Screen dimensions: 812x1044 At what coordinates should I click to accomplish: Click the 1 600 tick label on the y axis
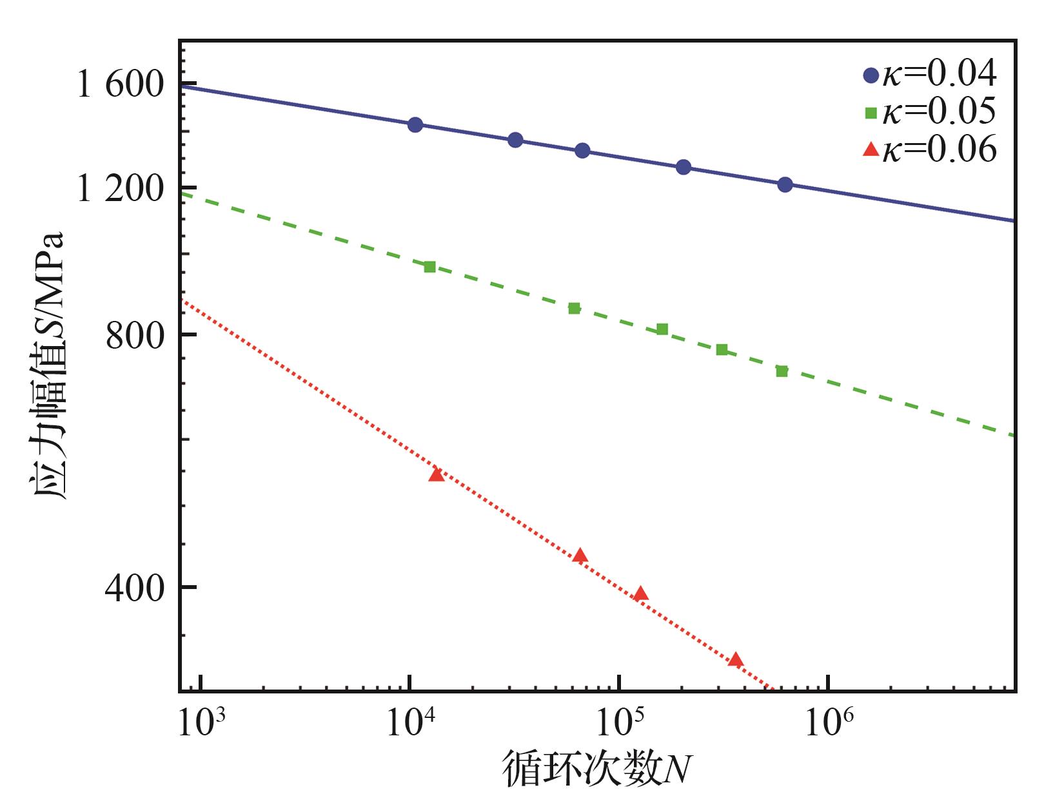coord(121,84)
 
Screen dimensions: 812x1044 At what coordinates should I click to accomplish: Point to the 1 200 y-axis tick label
coord(121,189)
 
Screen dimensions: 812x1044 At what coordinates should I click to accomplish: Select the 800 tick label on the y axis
coord(135,335)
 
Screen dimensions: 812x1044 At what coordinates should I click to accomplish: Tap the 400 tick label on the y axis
coord(135,588)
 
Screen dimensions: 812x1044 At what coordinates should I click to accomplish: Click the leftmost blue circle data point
coord(415,124)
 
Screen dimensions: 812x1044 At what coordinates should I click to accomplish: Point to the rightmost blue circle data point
coord(785,185)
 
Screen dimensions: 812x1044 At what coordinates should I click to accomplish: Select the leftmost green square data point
coord(430,267)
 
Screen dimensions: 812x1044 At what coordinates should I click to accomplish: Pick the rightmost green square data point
coord(782,371)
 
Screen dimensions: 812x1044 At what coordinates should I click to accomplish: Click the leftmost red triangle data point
coord(437,475)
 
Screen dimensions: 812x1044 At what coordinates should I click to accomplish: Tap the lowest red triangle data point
coord(736,660)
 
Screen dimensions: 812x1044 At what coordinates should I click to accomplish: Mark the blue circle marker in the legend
coord(871,75)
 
